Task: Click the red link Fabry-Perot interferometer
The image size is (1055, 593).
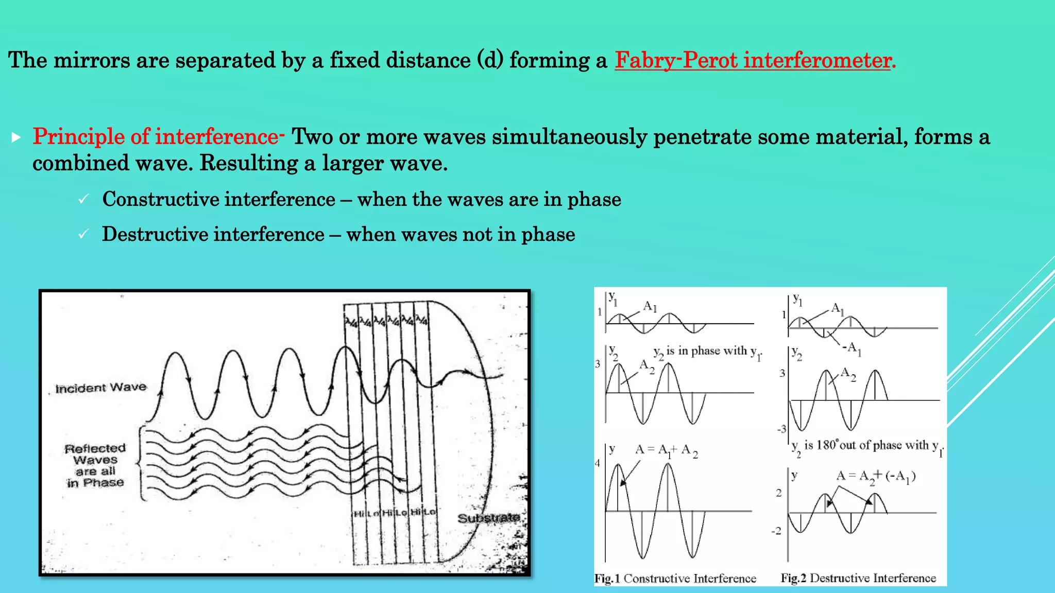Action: coord(755,61)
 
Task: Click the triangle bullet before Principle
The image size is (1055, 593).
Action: coord(16,137)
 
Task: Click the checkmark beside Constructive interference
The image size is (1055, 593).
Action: coord(83,200)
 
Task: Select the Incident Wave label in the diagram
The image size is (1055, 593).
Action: coord(101,388)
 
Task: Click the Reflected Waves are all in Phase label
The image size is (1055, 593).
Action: coord(95,465)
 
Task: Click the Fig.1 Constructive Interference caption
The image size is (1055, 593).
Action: coord(675,579)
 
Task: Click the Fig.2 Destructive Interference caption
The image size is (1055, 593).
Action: coord(858,579)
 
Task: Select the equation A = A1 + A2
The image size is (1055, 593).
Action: coord(666,450)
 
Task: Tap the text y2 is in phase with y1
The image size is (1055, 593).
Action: coord(707,352)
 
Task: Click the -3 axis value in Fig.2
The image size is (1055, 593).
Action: coord(781,429)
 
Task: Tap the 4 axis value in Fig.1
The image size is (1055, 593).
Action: coord(598,463)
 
